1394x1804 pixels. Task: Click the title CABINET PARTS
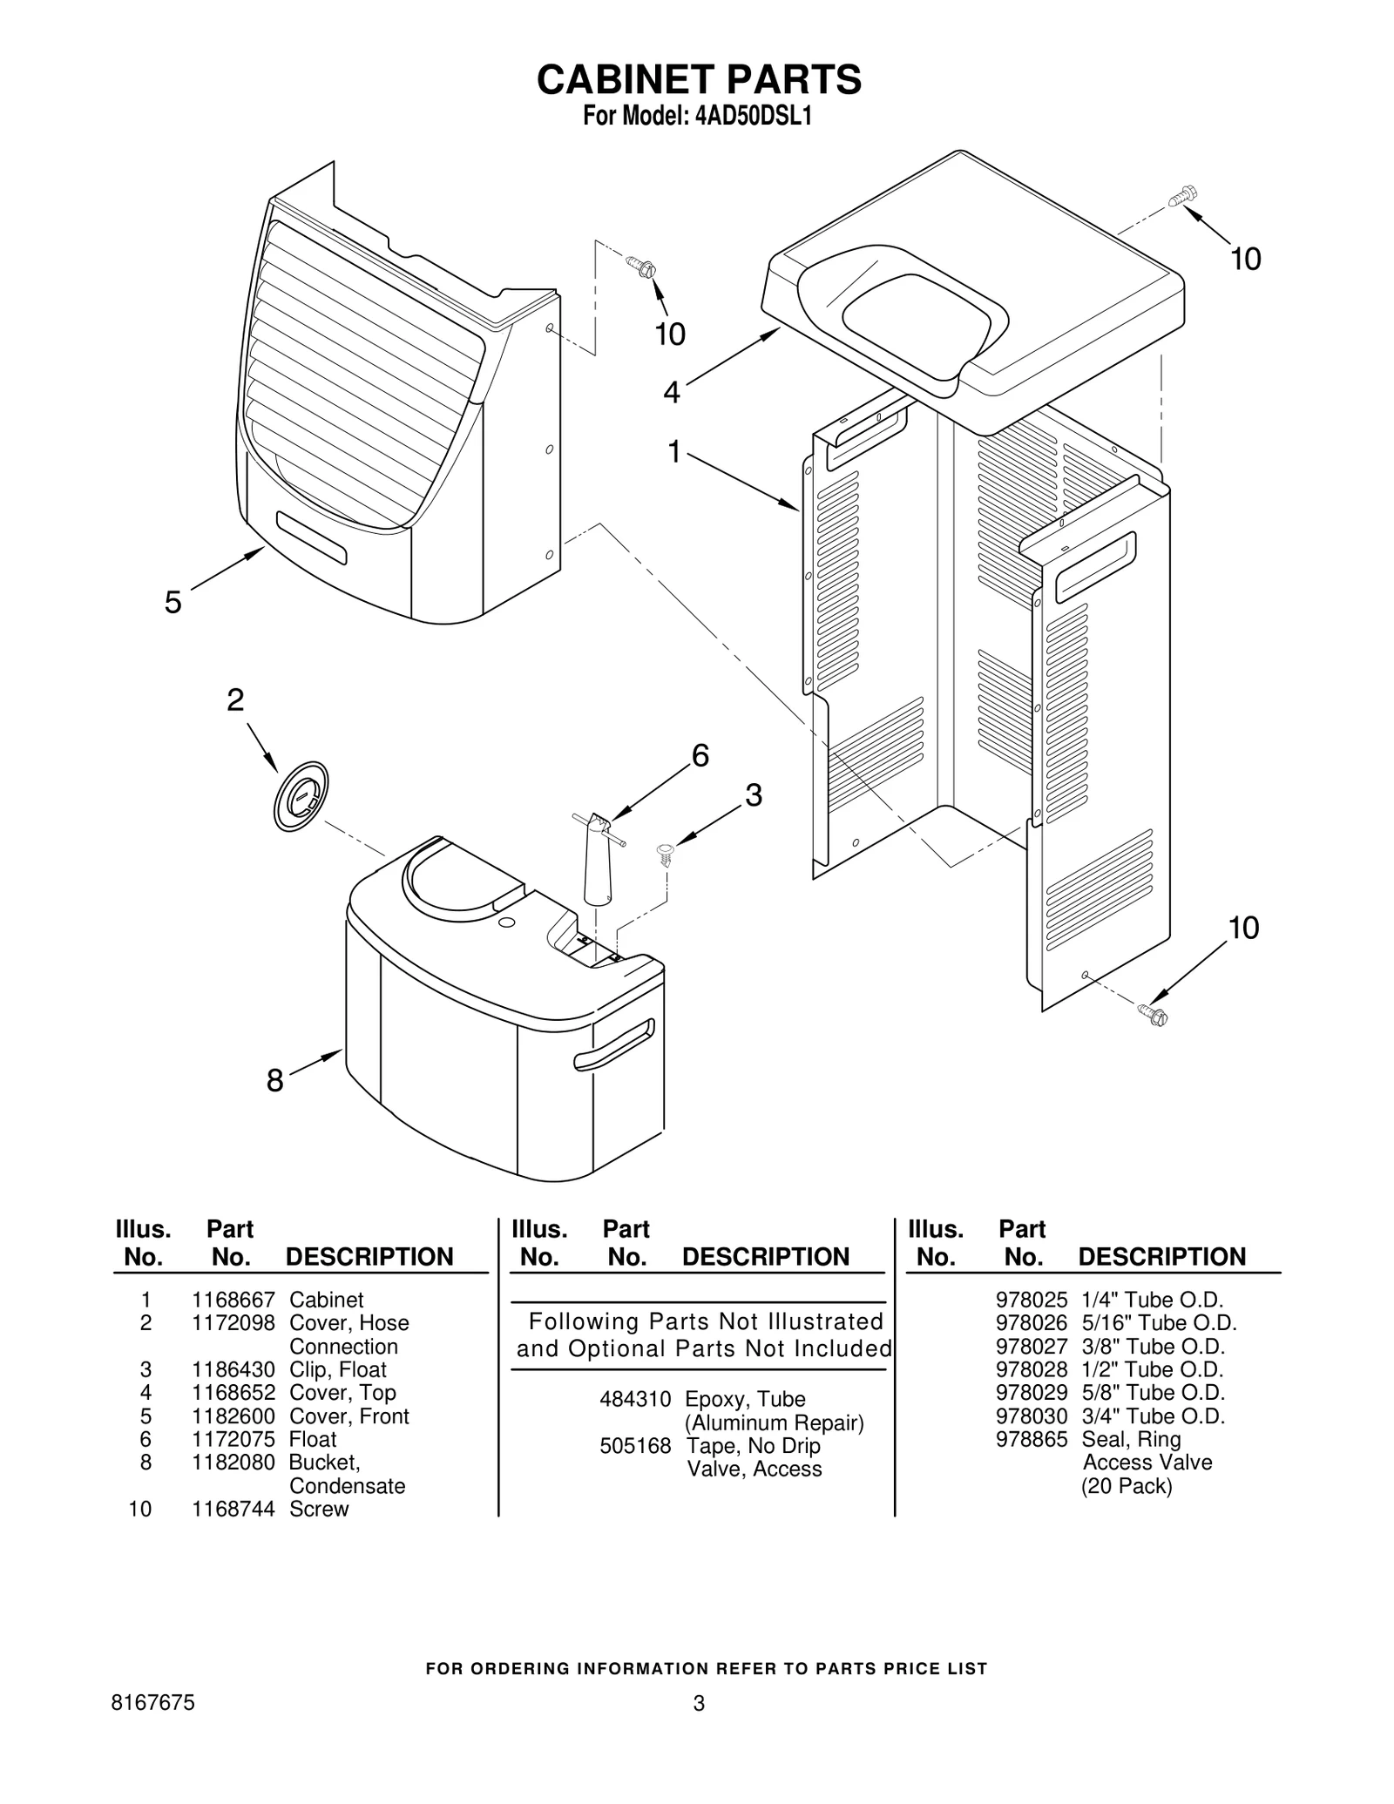(699, 79)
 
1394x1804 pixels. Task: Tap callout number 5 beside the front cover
(173, 602)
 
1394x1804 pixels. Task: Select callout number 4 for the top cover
(671, 393)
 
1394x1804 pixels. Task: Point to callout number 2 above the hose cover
(235, 700)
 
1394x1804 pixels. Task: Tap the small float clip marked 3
(667, 853)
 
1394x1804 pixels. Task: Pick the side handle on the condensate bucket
(613, 1044)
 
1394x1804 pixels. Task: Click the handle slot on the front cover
(311, 538)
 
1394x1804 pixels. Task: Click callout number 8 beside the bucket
(274, 1081)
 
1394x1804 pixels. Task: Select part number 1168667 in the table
(233, 1301)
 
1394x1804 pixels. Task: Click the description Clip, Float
(337, 1369)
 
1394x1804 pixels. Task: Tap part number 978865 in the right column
(1031, 1439)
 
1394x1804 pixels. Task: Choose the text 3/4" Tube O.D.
(1153, 1415)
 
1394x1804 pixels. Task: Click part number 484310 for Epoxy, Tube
(635, 1399)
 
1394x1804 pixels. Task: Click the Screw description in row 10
(319, 1509)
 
